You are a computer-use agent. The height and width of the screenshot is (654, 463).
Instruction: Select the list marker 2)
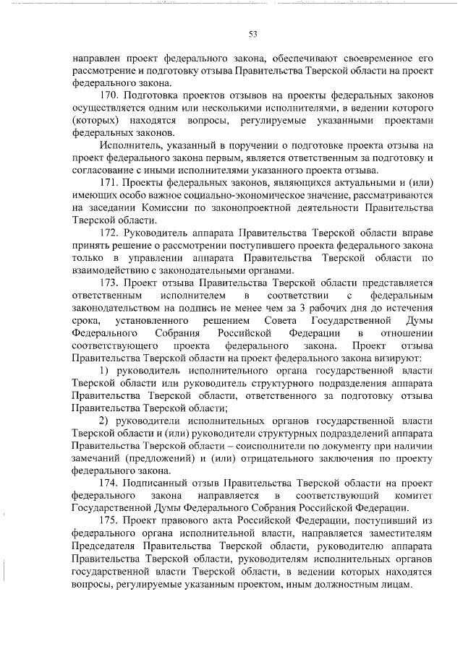104,421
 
